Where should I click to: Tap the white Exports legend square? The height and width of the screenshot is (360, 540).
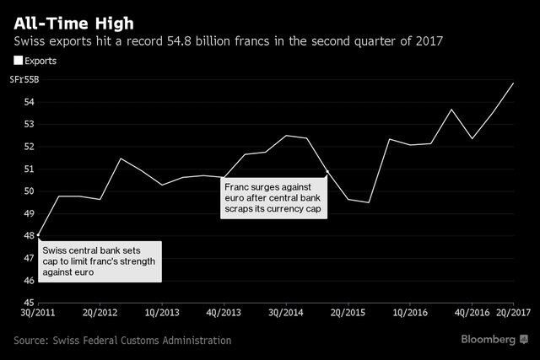[19, 60]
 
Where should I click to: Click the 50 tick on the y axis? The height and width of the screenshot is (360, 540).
[28, 191]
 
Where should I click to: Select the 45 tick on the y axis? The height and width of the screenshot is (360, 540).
[28, 303]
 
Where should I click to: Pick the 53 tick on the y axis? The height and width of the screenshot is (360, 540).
[28, 124]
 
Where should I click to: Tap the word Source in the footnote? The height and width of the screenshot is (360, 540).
[31, 341]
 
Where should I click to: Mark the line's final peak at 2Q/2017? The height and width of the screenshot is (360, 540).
[514, 83]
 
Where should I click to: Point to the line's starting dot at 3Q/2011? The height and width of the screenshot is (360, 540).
[40, 235]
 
